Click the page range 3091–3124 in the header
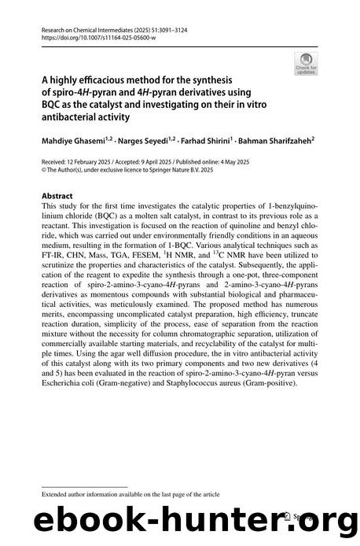pos(196,28)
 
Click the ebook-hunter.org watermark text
pos(180,522)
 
